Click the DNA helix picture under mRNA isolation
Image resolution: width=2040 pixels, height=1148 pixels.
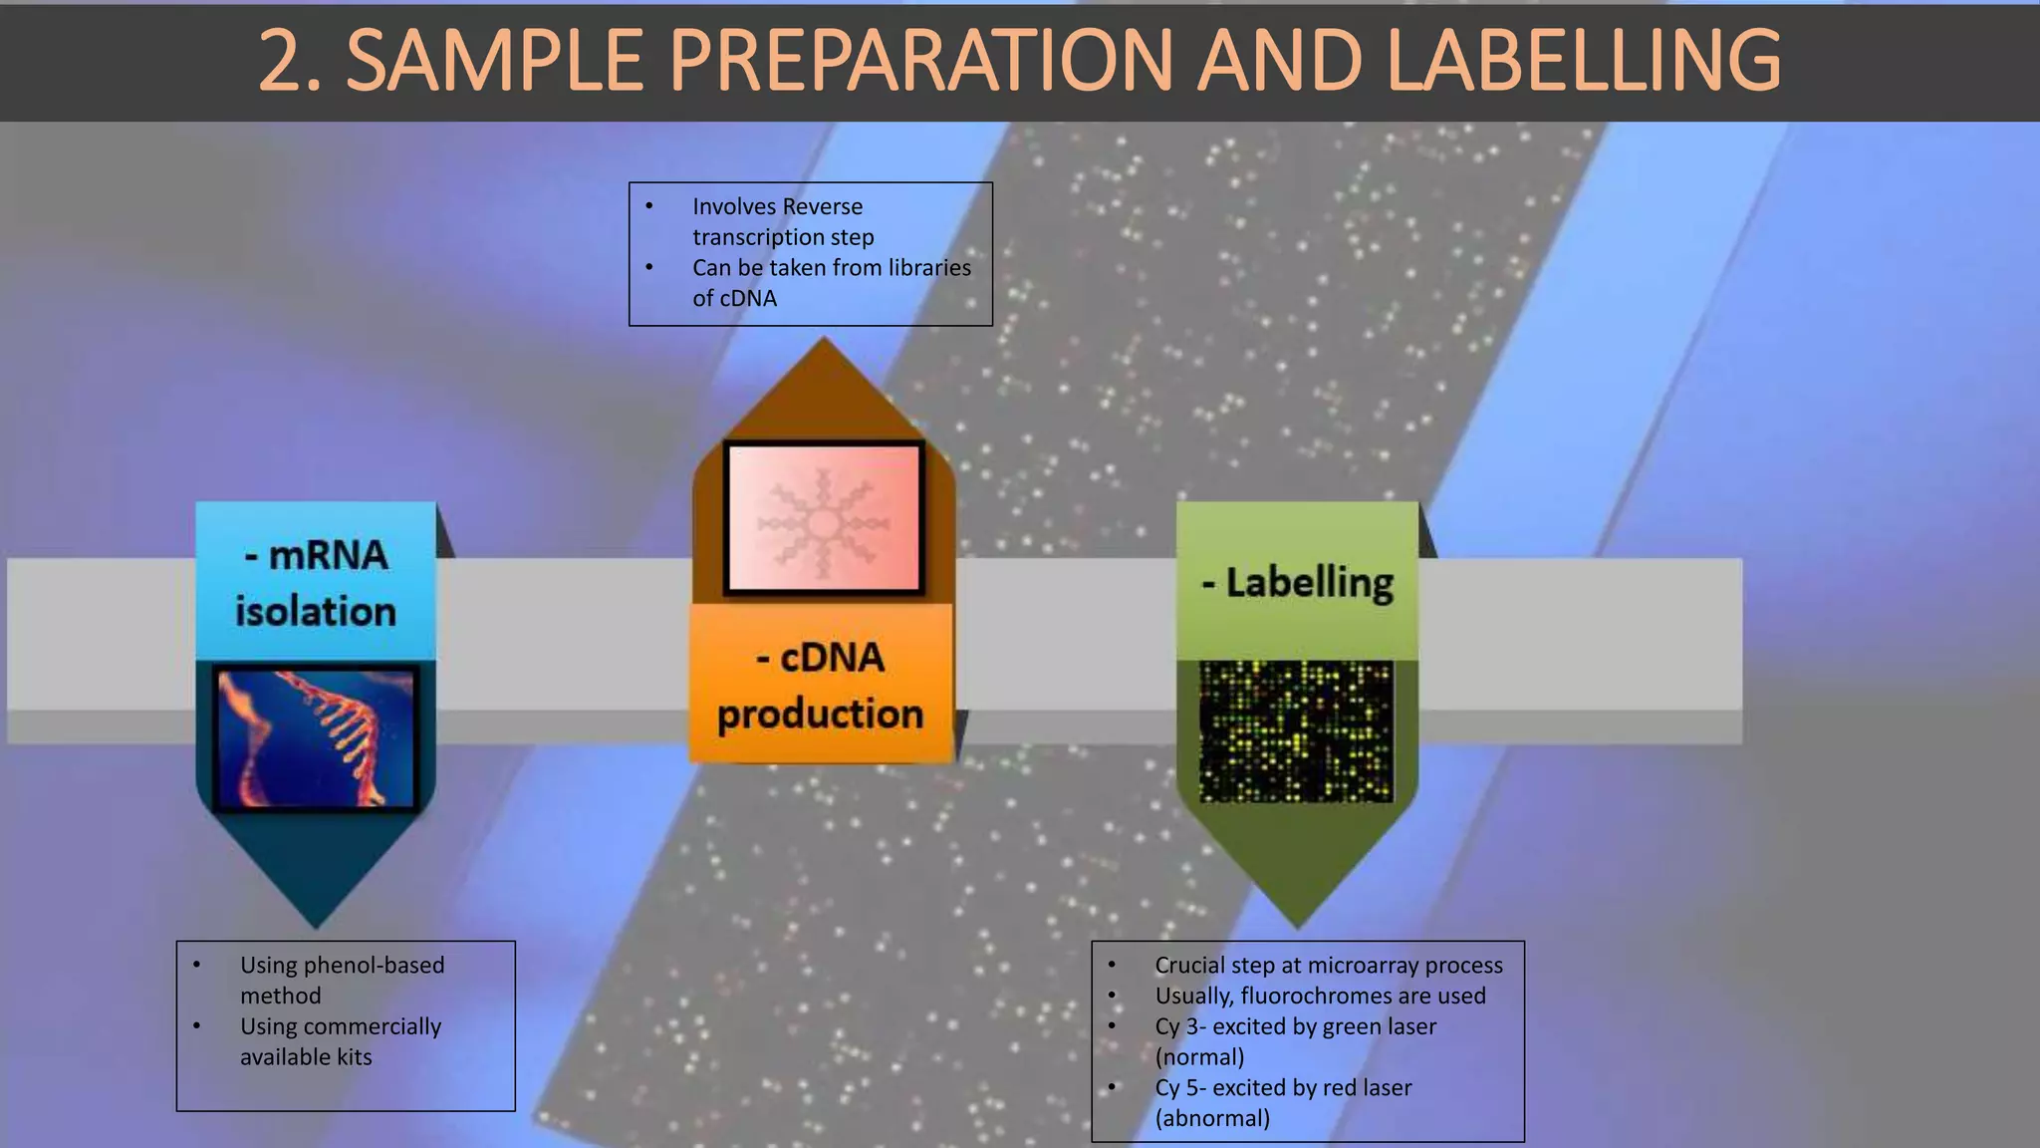click(x=316, y=737)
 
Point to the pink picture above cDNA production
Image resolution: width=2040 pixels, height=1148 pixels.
click(x=824, y=518)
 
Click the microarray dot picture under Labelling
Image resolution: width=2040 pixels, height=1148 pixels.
click(x=1296, y=731)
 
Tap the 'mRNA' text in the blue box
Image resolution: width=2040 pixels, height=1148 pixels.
click(x=328, y=555)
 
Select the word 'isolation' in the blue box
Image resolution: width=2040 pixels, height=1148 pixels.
click(x=316, y=611)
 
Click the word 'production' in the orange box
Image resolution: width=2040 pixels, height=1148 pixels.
click(x=820, y=714)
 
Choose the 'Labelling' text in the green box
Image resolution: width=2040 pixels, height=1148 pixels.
click(x=1309, y=582)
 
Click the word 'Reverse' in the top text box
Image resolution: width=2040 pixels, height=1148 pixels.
click(x=823, y=206)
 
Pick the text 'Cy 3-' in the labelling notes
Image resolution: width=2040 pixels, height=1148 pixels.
click(x=1180, y=1026)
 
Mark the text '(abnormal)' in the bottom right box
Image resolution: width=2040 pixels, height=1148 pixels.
click(x=1212, y=1118)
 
